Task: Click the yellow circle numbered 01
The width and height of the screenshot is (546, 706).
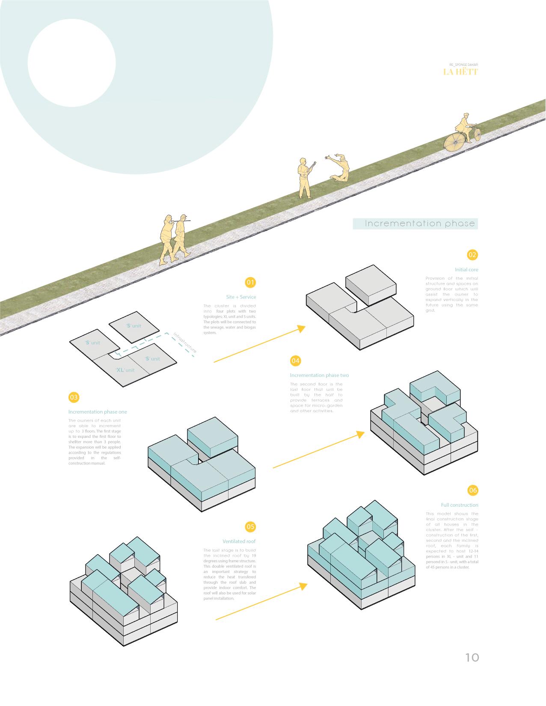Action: pyautogui.click(x=250, y=282)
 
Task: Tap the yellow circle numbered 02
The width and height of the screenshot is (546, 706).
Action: pyautogui.click(x=472, y=255)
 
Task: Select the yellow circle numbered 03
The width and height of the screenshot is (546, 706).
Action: pyautogui.click(x=74, y=397)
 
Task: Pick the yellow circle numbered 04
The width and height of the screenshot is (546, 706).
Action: pyautogui.click(x=296, y=361)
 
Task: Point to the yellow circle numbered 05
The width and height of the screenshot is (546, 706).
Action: pyautogui.click(x=250, y=526)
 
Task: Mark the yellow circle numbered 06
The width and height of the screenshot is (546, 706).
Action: pyautogui.click(x=472, y=490)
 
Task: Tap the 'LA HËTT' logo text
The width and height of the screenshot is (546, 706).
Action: pyautogui.click(x=460, y=71)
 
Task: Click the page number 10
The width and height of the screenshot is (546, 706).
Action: pyautogui.click(x=472, y=657)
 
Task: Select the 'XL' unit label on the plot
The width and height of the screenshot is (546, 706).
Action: pyautogui.click(x=125, y=370)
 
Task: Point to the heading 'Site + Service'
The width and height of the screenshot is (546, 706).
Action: pyautogui.click(x=241, y=297)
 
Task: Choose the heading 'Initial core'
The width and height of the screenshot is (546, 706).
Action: pyautogui.click(x=466, y=270)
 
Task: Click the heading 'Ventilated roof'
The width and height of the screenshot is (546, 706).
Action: pyautogui.click(x=239, y=541)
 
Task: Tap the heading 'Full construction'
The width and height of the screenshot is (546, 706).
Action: pyautogui.click(x=460, y=505)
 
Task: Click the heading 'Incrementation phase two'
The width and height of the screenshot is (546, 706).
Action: pyautogui.click(x=319, y=375)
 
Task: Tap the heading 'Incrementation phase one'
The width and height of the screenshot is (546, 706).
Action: pyautogui.click(x=98, y=412)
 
